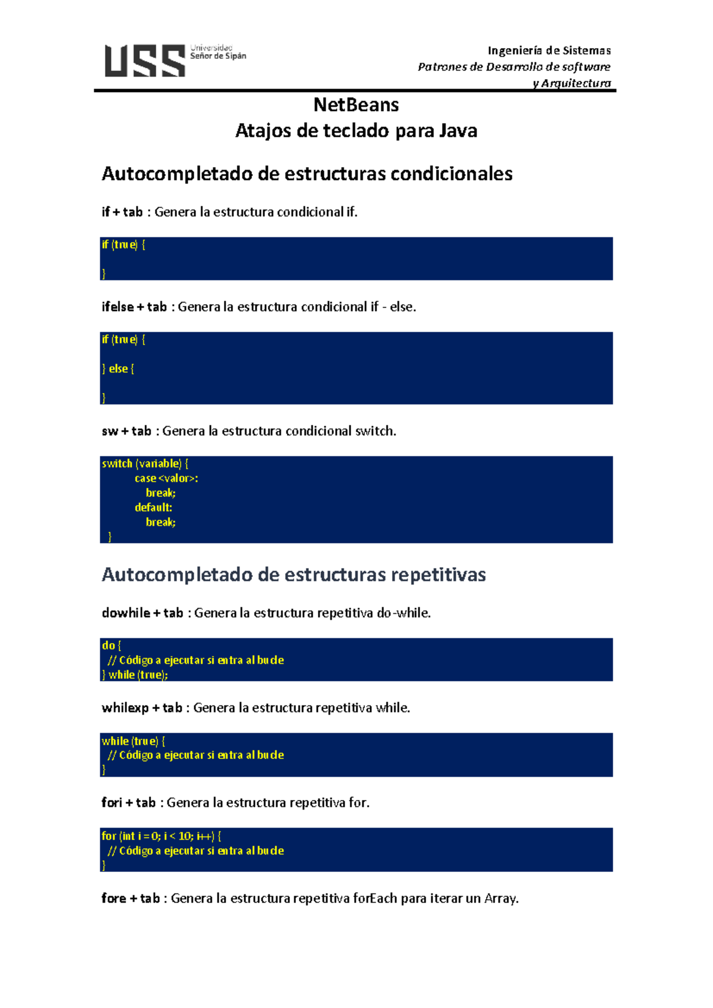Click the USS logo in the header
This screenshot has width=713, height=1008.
click(x=145, y=61)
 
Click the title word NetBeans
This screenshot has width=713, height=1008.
click(x=356, y=105)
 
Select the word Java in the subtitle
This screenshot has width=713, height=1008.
click(x=458, y=131)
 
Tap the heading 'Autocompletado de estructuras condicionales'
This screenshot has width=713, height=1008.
click(x=307, y=174)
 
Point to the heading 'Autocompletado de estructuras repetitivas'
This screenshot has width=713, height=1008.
click(x=294, y=575)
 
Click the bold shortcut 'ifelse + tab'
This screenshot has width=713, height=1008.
click(x=134, y=307)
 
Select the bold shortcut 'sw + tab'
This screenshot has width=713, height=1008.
click(x=127, y=431)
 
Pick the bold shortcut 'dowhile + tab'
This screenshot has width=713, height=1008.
click(x=143, y=613)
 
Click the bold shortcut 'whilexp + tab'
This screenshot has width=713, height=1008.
click(x=142, y=708)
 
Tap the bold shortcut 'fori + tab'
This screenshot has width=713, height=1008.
click(x=128, y=803)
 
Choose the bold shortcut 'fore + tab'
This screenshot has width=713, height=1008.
click(x=131, y=899)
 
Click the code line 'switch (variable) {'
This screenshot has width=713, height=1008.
click(x=145, y=464)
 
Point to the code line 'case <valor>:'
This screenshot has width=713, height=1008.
click(x=166, y=478)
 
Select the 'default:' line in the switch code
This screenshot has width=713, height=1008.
click(x=153, y=508)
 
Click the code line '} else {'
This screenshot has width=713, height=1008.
click(x=118, y=369)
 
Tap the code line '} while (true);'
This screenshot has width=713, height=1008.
click(x=135, y=675)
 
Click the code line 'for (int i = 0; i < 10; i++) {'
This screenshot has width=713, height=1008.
click(x=162, y=836)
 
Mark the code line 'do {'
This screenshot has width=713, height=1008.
click(x=111, y=645)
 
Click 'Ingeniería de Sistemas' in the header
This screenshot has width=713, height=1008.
click(x=549, y=51)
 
